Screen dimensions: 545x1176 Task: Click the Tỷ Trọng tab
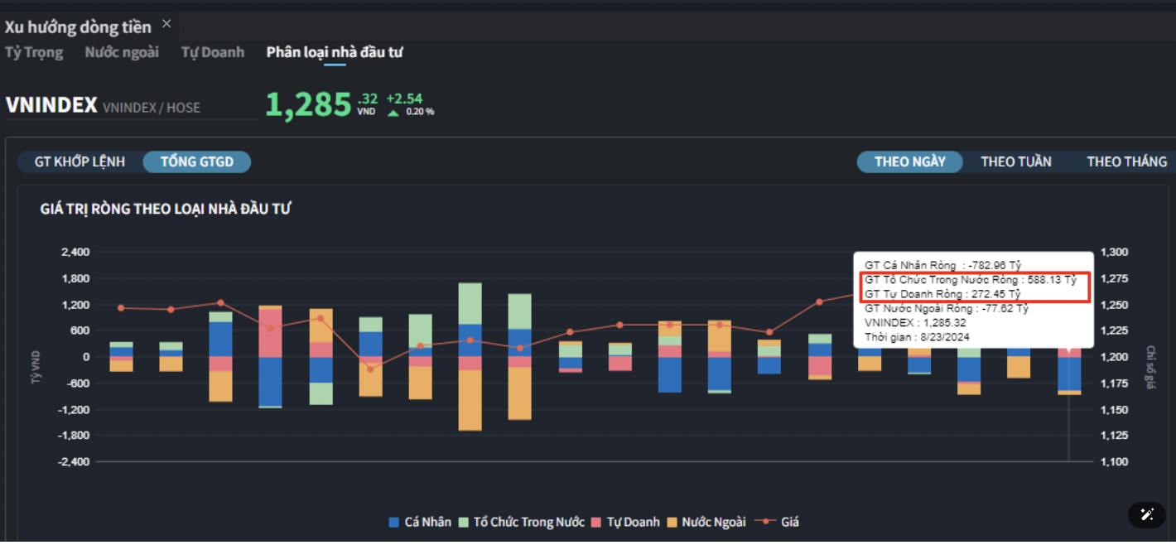34,52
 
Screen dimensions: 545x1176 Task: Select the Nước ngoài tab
122,52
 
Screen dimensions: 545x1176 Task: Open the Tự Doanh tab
213,52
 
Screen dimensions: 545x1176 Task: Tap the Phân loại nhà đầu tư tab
335,52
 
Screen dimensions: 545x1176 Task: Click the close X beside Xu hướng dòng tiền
166,24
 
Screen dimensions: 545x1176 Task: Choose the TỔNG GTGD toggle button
196,162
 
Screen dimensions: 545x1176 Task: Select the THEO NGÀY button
909,162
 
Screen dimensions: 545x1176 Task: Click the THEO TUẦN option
1016,162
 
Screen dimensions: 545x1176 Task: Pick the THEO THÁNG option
1126,162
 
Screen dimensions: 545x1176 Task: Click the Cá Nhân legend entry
421,522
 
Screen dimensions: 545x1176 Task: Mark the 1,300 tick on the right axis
1115,252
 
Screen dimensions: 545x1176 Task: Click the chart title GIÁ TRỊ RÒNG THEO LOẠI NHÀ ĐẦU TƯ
166,209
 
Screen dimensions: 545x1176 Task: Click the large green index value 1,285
308,105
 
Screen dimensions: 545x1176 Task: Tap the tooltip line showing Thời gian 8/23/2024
917,337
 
